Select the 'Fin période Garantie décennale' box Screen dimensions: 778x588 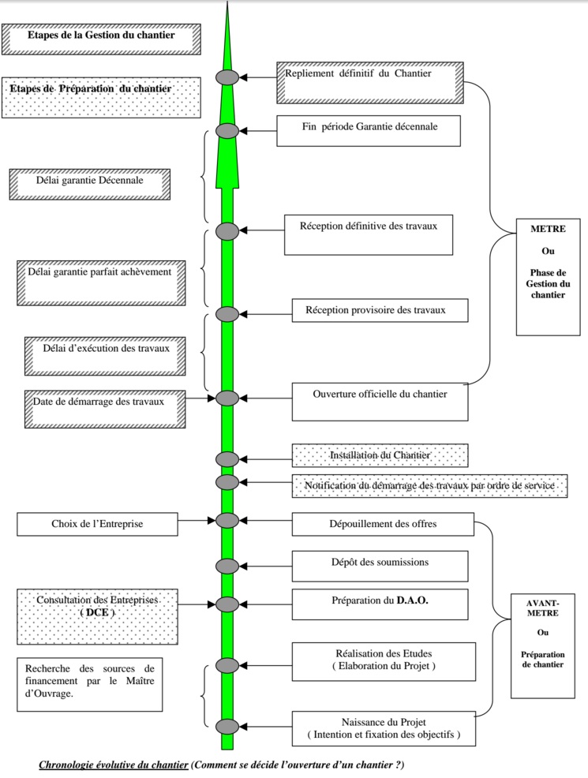click(369, 130)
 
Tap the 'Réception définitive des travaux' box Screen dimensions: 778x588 click(369, 234)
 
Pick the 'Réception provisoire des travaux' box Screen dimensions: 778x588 click(380, 310)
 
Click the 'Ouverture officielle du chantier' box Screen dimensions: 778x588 click(380, 401)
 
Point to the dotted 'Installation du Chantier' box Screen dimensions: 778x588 click(380, 455)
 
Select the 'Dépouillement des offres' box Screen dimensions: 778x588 click(383, 524)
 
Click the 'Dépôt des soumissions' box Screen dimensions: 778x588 click(380, 566)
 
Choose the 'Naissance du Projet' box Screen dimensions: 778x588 click(384, 728)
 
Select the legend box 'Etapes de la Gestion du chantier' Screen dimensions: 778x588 click(101, 38)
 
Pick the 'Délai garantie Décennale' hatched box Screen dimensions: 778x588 click(90, 183)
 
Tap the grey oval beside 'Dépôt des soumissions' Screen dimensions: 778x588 click(227, 566)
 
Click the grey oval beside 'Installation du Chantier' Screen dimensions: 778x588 click(227, 459)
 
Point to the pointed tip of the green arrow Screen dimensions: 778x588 click(228, 5)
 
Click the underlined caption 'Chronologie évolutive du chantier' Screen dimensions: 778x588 click(114, 765)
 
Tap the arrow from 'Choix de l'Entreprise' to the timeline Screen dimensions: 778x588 click(197, 520)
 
